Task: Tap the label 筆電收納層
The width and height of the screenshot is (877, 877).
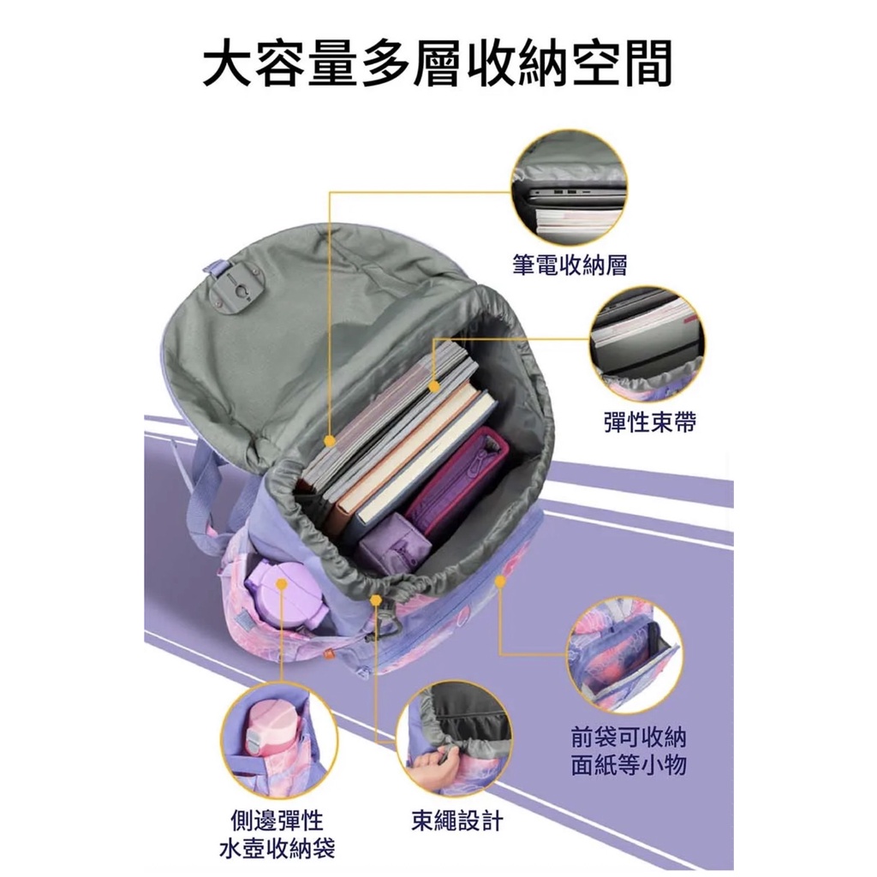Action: click(570, 265)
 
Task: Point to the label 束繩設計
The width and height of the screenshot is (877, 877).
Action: click(457, 820)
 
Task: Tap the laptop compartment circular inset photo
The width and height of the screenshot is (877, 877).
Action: click(569, 188)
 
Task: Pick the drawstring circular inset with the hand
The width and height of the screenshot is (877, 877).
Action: click(454, 740)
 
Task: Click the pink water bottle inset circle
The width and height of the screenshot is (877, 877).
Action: click(278, 740)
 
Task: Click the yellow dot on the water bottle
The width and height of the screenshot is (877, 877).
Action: click(282, 584)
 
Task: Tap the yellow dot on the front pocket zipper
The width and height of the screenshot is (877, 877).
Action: click(500, 582)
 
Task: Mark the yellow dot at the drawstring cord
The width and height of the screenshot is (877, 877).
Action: click(377, 600)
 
